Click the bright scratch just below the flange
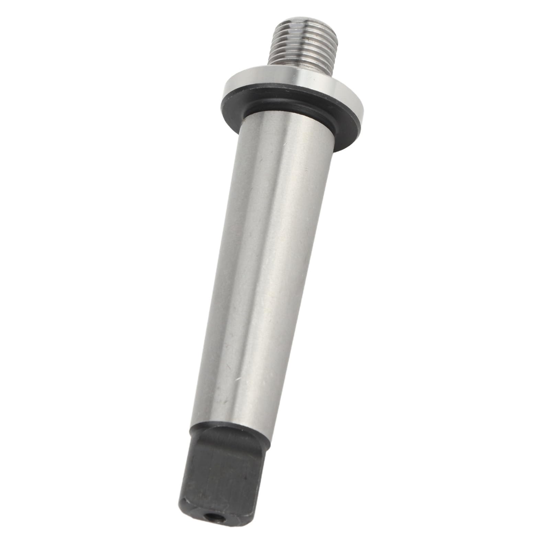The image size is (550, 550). [306, 168]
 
